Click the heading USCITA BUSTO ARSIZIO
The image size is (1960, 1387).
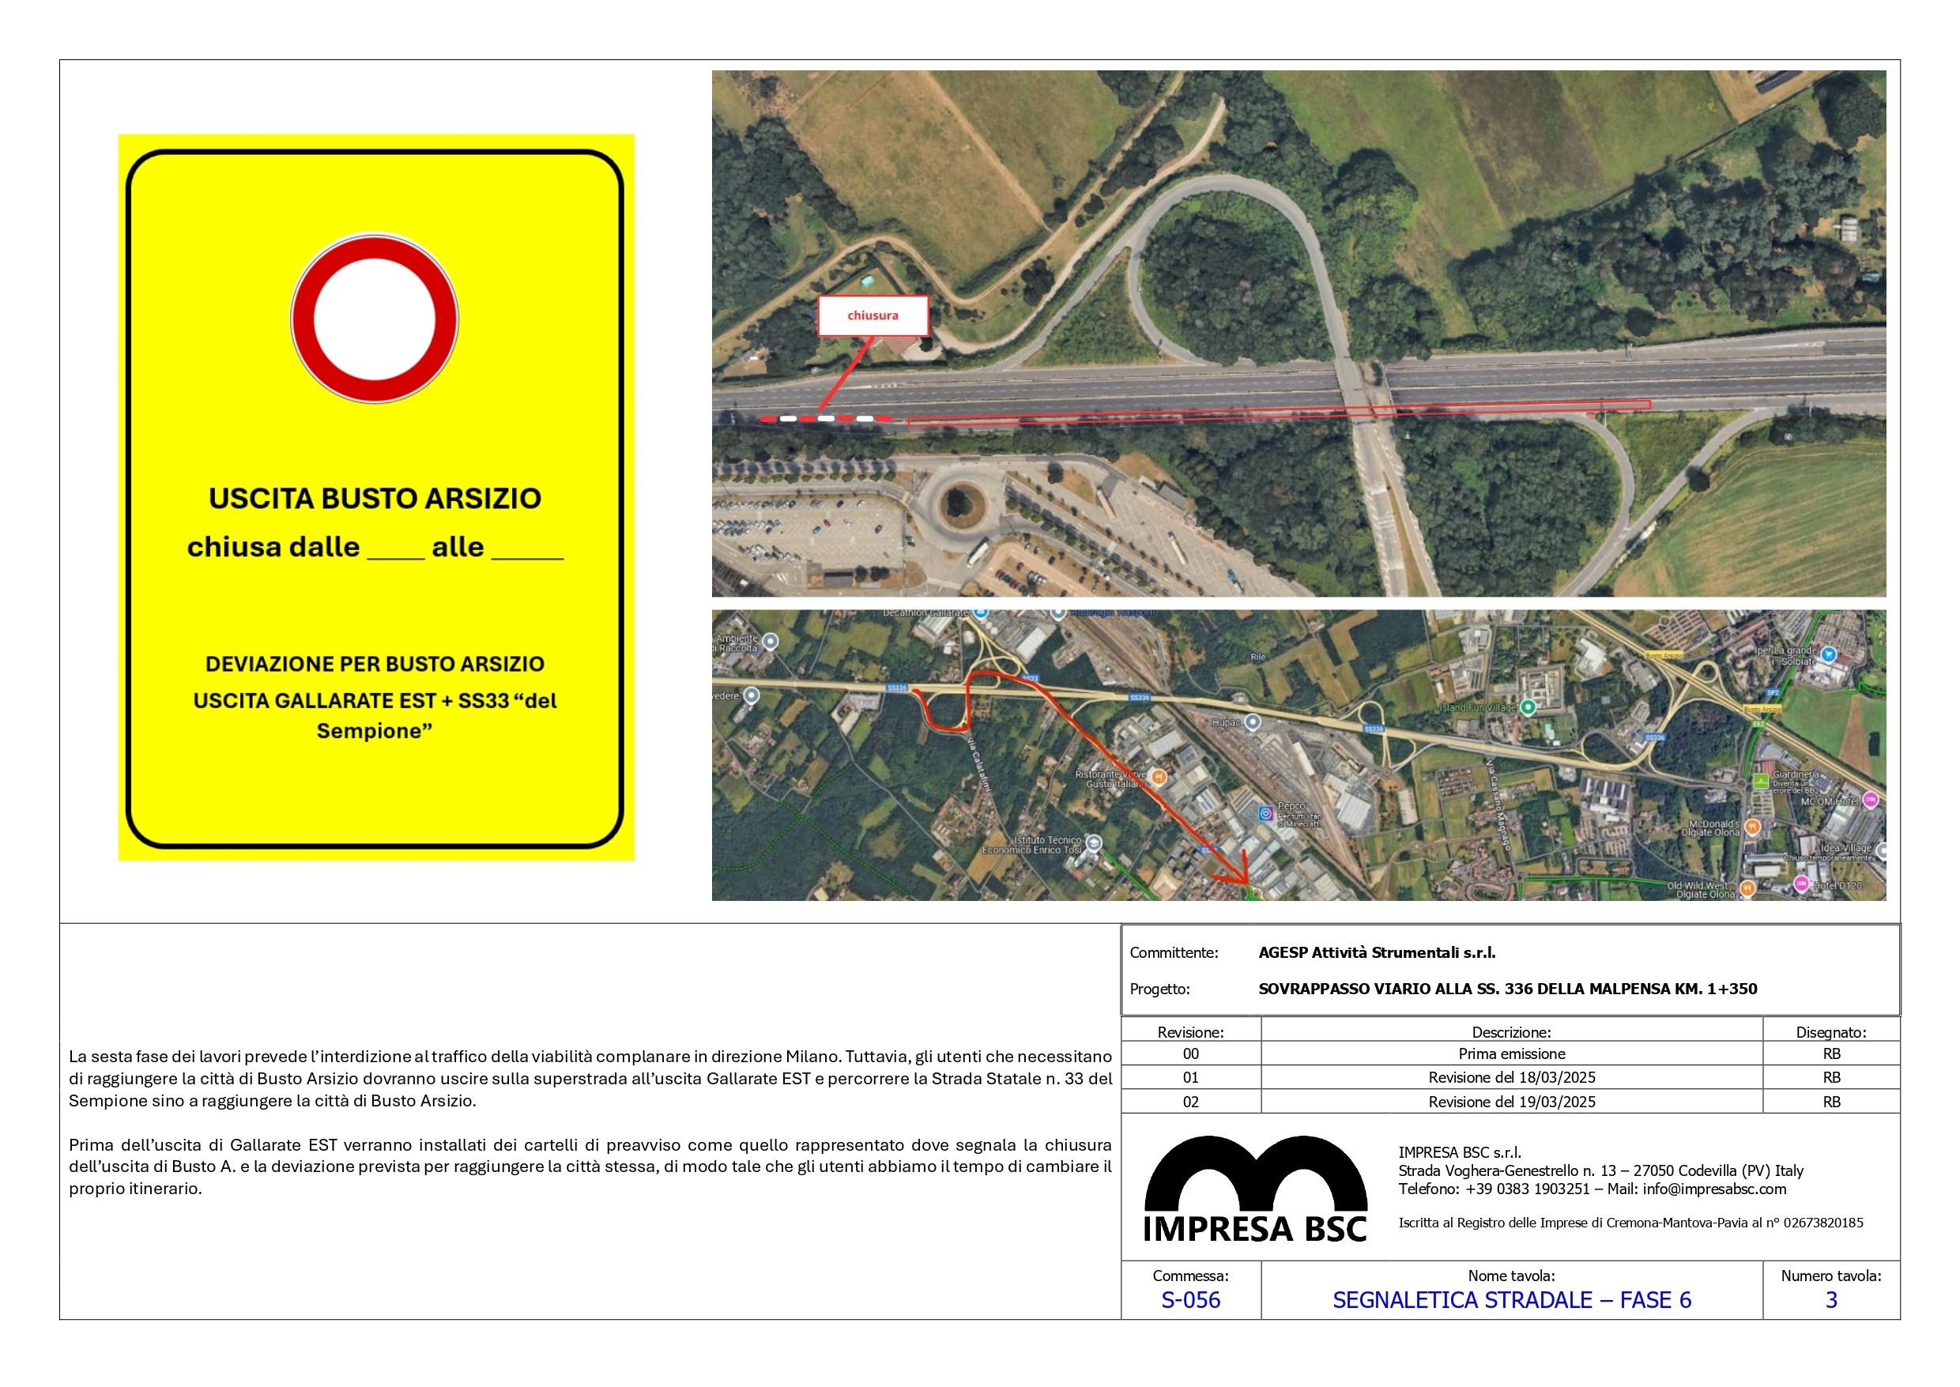tap(375, 499)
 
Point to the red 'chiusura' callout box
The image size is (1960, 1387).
tap(872, 315)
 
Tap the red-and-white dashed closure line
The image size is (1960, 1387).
tap(825, 419)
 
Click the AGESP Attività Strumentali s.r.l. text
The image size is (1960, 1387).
tap(1377, 952)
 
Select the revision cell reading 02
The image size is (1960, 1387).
tap(1190, 1102)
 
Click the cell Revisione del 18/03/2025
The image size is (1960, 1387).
tap(1512, 1078)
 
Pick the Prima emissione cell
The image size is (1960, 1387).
tap(1512, 1054)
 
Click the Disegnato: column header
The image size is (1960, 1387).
tap(1831, 1031)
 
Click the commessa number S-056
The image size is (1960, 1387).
tap(1190, 1300)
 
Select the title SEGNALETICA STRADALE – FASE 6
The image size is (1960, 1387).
tap(1512, 1300)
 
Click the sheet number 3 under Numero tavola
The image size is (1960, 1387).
tap(1831, 1300)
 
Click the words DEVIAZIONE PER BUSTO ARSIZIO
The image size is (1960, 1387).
tap(375, 664)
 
